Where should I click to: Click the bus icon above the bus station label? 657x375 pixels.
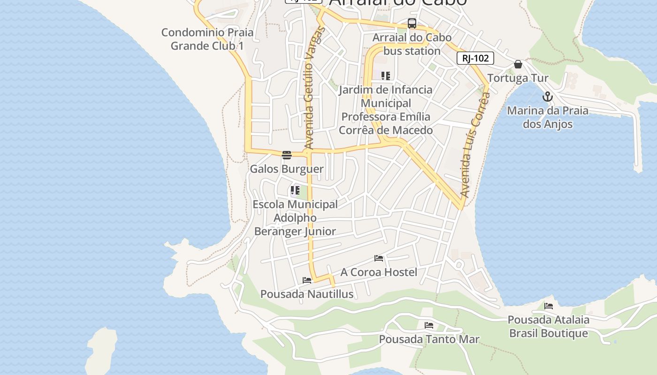tap(412, 23)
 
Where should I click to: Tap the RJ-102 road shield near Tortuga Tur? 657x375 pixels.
tap(475, 58)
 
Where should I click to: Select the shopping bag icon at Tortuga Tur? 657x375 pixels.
tap(518, 64)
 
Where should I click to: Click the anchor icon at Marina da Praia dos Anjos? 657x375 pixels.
tap(547, 97)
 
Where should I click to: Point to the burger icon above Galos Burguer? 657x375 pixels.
tap(287, 155)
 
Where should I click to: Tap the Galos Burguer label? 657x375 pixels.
tap(287, 169)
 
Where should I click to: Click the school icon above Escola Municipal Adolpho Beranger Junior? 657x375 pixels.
tap(295, 191)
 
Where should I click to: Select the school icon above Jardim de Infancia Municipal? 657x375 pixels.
tap(386, 76)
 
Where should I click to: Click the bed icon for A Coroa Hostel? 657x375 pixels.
tap(379, 258)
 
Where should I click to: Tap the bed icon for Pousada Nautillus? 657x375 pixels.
tap(307, 280)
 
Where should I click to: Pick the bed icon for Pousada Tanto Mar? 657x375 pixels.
tap(429, 325)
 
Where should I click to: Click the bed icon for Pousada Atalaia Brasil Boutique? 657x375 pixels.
tap(549, 306)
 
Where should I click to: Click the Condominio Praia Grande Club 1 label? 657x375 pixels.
tap(207, 39)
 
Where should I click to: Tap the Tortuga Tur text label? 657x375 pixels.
tap(518, 78)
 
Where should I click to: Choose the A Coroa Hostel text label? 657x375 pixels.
tap(379, 272)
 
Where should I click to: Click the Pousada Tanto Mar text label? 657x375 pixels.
tap(429, 339)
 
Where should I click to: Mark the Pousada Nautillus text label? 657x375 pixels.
tap(307, 294)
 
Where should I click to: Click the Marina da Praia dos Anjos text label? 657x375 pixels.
tap(548, 117)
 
